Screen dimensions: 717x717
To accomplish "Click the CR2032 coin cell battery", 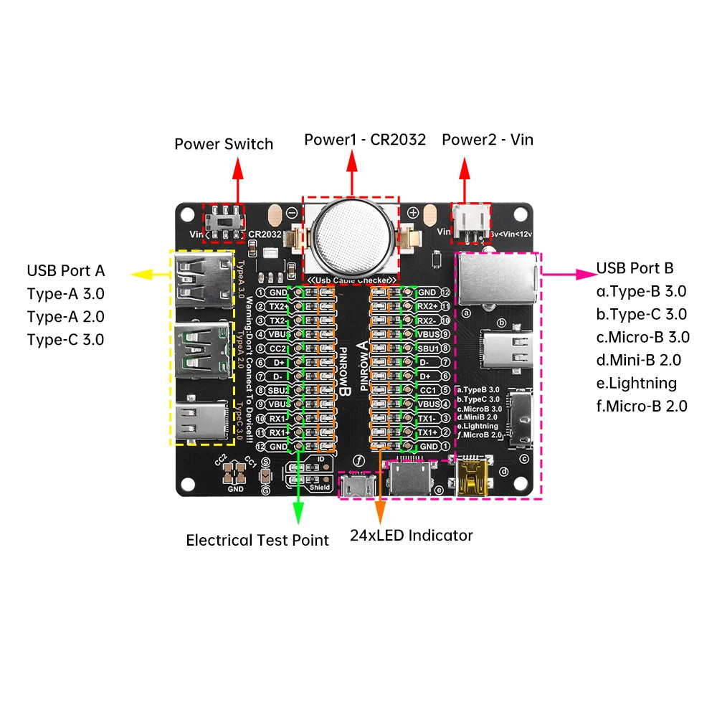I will coord(352,234).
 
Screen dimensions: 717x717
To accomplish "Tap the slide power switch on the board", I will coord(222,222).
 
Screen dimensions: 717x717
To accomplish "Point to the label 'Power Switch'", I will coord(224,144).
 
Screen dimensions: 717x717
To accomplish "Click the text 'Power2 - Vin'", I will coord(488,139).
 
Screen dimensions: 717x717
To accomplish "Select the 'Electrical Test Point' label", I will coord(257,540).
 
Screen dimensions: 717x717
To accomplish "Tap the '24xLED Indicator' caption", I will coord(412,535).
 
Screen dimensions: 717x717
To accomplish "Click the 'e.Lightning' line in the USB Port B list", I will coord(636,383).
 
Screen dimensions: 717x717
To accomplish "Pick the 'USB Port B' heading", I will coord(635,268).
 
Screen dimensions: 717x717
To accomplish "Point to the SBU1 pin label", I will coord(428,348).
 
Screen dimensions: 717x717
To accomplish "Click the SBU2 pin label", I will coord(277,390).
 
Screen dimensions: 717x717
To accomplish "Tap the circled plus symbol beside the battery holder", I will coord(413,212).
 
